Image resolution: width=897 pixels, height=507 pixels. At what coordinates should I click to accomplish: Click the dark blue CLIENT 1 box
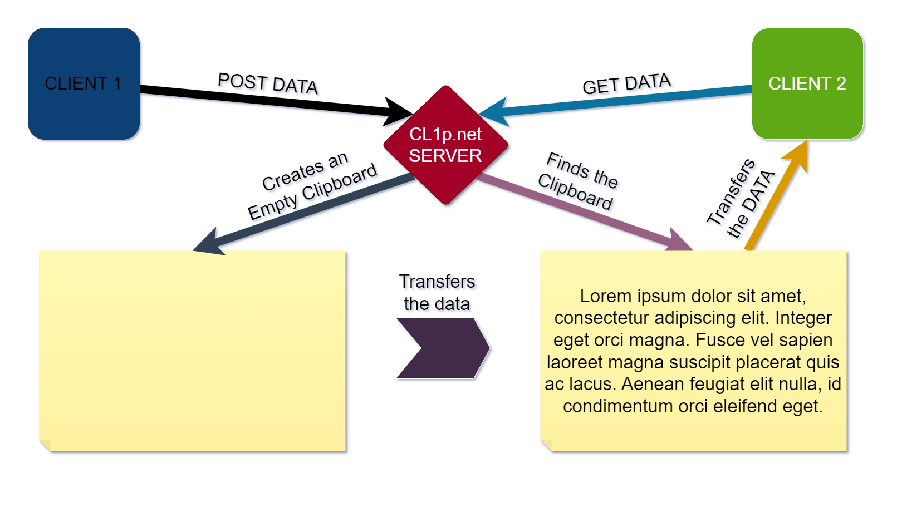point(84,83)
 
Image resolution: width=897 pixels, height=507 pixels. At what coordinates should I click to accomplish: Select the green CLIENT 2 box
point(807,83)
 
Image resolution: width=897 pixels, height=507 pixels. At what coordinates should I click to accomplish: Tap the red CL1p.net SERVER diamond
point(445,145)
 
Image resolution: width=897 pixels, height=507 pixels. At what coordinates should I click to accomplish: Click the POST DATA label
point(268,84)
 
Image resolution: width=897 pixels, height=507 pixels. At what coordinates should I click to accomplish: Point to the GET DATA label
point(626,84)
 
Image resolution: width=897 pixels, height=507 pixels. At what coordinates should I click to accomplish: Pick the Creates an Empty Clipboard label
point(312,185)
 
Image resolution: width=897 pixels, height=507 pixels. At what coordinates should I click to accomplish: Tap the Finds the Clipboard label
point(578,181)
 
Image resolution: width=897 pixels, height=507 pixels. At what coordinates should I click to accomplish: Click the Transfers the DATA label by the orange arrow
point(741,199)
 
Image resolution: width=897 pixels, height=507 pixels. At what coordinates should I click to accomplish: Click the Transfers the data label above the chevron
point(437,293)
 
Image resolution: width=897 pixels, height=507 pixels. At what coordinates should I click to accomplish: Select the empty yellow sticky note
point(193,351)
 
